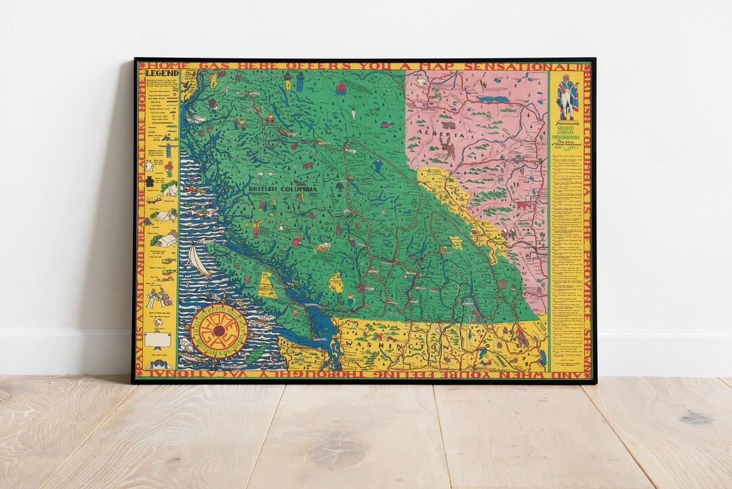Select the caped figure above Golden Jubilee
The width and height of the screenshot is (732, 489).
(x=567, y=95)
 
